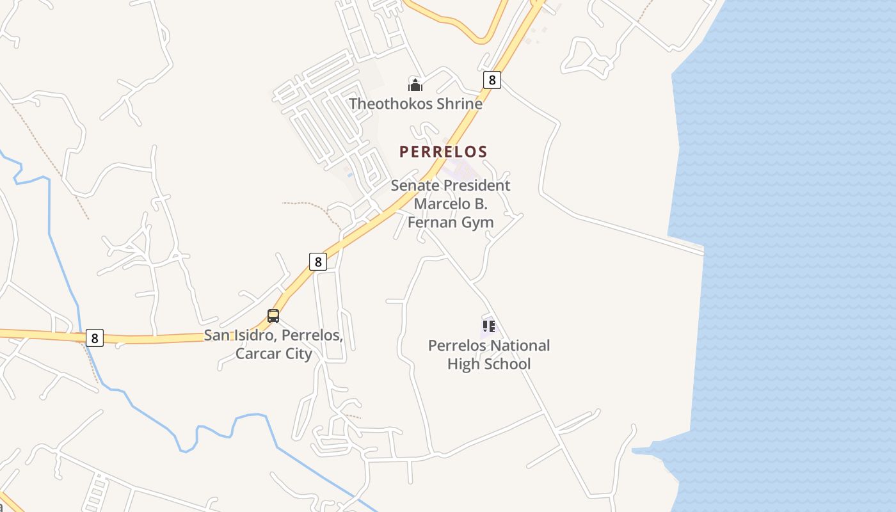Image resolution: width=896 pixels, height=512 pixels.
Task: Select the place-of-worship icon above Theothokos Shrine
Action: click(x=415, y=84)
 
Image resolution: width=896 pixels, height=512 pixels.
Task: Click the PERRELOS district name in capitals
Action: click(x=444, y=152)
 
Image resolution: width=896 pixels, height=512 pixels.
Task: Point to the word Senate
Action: click(x=416, y=186)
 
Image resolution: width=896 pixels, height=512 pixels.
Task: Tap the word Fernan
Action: click(x=432, y=223)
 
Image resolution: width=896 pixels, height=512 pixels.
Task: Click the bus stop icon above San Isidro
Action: click(x=273, y=316)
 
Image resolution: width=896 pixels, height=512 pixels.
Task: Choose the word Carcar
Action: click(x=259, y=354)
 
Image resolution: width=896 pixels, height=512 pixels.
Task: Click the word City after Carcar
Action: click(x=298, y=354)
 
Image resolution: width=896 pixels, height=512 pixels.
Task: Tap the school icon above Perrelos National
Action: click(x=489, y=326)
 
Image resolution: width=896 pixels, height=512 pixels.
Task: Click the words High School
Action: click(x=489, y=364)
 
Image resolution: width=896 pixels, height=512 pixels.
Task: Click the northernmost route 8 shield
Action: click(x=492, y=79)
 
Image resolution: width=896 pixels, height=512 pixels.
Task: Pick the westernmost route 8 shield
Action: click(x=95, y=338)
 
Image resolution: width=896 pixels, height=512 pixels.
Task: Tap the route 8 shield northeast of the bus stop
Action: click(x=318, y=261)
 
